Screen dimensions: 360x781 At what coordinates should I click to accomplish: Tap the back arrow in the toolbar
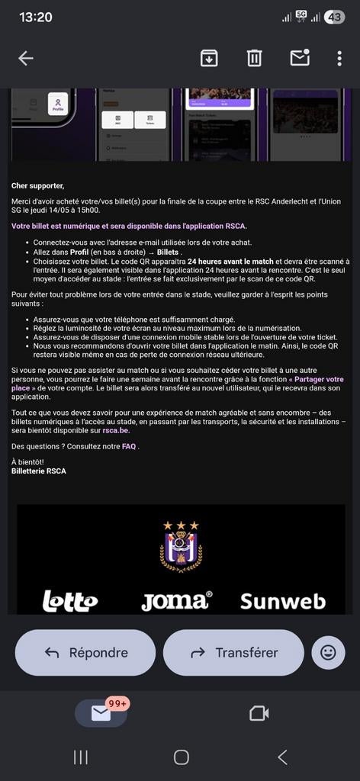[x=26, y=59]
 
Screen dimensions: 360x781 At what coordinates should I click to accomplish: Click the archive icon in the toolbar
[x=209, y=58]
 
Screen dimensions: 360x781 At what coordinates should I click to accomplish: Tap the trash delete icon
[x=254, y=58]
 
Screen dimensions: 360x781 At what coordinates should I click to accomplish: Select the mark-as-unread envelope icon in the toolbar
[x=299, y=58]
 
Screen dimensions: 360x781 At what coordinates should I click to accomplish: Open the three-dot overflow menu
[x=339, y=59]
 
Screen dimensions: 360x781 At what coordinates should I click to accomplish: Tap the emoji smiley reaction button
[x=328, y=652]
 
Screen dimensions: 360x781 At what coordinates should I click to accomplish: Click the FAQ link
[x=129, y=446]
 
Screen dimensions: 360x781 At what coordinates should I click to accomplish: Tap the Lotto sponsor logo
[x=69, y=600]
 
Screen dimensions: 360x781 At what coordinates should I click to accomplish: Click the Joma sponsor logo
[x=176, y=600]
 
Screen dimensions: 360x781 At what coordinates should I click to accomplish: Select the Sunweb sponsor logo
[x=282, y=601]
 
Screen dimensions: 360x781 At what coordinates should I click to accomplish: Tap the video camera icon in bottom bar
[x=259, y=713]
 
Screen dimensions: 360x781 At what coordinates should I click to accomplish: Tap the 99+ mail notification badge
[x=117, y=704]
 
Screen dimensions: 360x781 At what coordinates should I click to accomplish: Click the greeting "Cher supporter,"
[x=37, y=185]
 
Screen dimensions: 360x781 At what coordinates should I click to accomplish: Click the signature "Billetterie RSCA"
[x=39, y=471]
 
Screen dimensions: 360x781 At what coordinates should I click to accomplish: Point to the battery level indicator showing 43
[x=334, y=17]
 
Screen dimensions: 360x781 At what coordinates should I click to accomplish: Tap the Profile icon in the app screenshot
[x=58, y=104]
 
